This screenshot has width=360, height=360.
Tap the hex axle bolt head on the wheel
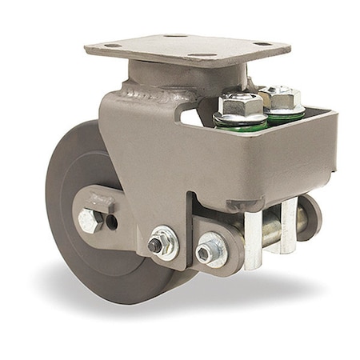(89, 222)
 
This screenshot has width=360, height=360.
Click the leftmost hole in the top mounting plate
(112, 46)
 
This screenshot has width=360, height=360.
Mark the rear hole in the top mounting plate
(178, 36)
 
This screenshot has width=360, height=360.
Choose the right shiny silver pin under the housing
(286, 229)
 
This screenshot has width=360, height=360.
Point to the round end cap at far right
(314, 217)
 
